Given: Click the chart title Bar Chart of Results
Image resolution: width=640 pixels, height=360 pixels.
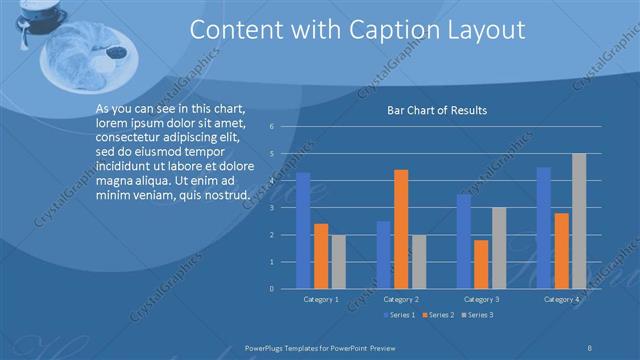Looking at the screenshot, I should point(437,111).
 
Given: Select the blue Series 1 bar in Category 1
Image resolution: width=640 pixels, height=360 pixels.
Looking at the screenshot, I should point(303,230).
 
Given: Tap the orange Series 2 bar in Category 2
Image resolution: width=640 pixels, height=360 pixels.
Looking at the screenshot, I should point(401,229).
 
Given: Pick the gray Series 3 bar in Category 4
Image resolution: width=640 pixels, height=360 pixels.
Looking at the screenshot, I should point(579,221).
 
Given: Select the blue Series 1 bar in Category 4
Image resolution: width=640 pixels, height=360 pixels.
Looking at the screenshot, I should point(544,228).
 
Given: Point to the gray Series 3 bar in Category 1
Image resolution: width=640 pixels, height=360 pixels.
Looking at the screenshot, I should point(338,261).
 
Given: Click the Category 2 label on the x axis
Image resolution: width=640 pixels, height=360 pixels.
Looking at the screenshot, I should point(401,299).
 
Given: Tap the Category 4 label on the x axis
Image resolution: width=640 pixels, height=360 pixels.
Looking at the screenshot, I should point(561,299).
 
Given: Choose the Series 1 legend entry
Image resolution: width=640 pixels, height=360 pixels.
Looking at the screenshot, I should point(399,315).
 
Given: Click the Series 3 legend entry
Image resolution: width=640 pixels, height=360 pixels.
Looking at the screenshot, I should point(477,315).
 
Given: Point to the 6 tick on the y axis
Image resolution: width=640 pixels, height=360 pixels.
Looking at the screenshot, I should point(272,127).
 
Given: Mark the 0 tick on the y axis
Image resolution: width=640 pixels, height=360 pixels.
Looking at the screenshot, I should point(272,289).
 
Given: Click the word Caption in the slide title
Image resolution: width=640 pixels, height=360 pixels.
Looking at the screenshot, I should point(384,32).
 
